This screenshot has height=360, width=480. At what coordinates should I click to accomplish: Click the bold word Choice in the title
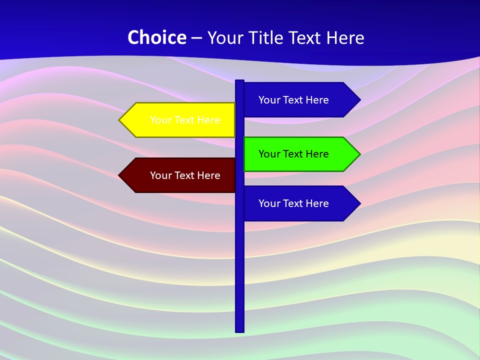click(x=156, y=37)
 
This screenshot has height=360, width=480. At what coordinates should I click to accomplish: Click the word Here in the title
click(x=345, y=37)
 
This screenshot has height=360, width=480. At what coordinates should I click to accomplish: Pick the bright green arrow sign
click(x=300, y=154)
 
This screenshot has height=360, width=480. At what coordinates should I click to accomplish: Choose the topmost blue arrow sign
click(x=300, y=99)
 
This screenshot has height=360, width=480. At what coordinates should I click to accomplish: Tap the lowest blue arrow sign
click(x=300, y=203)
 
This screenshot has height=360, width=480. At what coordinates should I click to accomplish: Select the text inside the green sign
click(x=293, y=154)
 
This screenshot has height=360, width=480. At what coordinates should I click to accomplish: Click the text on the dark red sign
click(x=185, y=175)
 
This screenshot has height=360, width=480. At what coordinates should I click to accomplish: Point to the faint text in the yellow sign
click(x=185, y=120)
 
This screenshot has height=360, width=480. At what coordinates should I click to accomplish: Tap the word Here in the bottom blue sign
click(x=317, y=203)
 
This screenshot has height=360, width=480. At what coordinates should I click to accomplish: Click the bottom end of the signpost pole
click(x=239, y=330)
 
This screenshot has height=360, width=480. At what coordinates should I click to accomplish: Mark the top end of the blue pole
click(x=239, y=82)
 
